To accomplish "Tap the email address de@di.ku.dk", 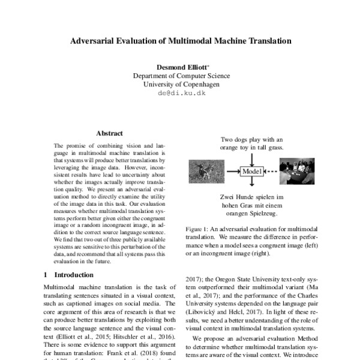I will point(181,94).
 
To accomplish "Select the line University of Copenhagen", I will point(181,85).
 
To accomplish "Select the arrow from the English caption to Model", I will point(253,157).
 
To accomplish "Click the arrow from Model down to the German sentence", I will point(253,185).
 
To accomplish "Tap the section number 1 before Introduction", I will point(46,274).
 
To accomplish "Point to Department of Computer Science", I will point(181,76).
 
